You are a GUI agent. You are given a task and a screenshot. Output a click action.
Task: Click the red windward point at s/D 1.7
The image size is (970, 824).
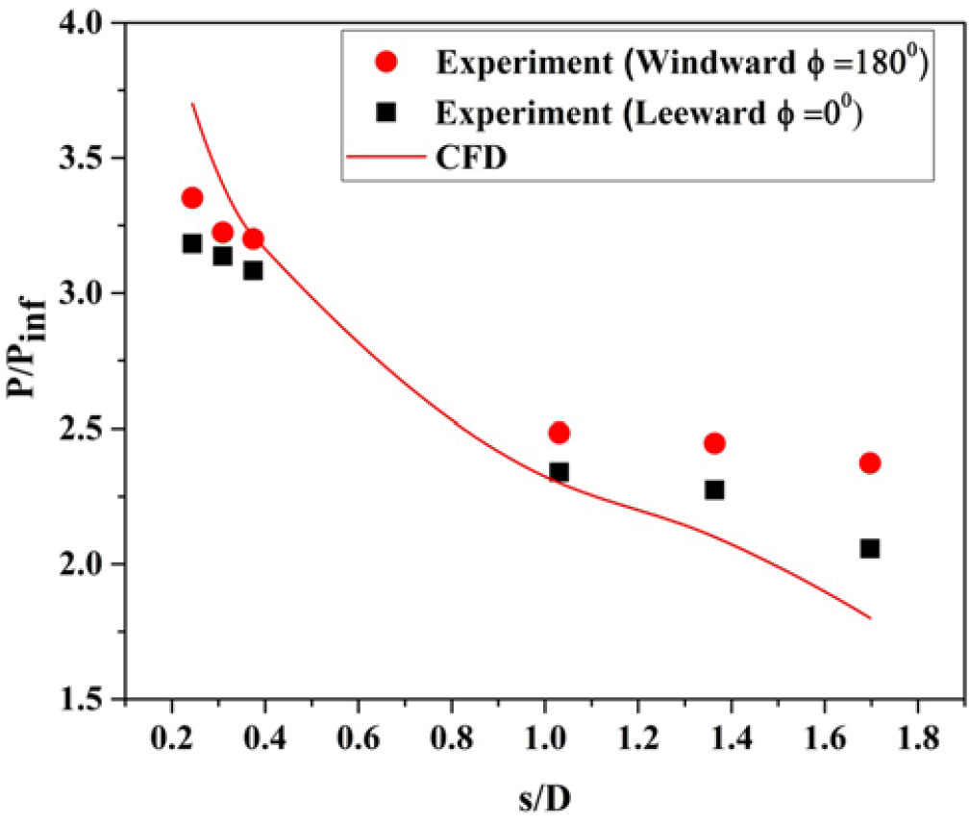tap(870, 462)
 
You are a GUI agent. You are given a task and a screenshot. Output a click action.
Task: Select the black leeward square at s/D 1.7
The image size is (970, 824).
tap(870, 548)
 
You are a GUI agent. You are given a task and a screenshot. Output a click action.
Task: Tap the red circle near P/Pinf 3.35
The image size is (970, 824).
tap(192, 198)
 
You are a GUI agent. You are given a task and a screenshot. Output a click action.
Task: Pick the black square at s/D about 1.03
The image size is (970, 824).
tap(559, 472)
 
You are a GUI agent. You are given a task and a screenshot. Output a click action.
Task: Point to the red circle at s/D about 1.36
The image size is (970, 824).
tap(714, 443)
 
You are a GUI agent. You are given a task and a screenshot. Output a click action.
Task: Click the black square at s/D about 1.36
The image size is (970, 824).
tap(714, 489)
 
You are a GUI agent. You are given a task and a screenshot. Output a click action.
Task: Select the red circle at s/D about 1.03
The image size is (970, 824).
tap(559, 433)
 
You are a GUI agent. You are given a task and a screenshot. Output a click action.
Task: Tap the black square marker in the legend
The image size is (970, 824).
tap(386, 112)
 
